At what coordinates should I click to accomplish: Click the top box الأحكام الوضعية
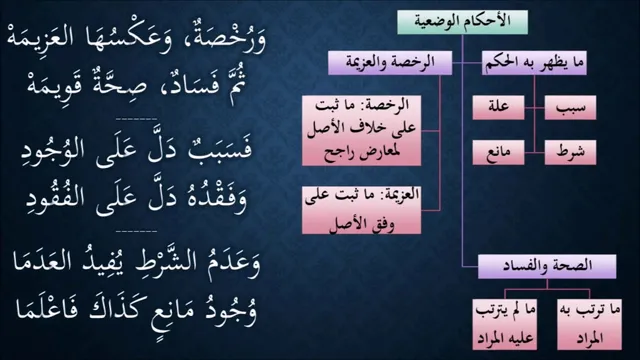coord(462,22)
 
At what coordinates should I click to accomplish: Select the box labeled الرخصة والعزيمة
coord(390,63)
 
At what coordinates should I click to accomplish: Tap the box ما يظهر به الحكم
coord(534,63)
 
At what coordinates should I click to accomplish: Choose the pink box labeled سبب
coord(570,108)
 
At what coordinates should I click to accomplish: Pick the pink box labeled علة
coord(498,108)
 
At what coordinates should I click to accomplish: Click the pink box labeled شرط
coord(570,153)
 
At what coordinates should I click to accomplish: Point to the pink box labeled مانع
coord(498,153)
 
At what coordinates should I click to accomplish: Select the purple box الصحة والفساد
coord(547,267)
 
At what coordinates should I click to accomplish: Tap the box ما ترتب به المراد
coord(589,324)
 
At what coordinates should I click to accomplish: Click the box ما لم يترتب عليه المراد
coord(504,324)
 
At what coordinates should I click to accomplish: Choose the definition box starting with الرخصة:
coord(362,131)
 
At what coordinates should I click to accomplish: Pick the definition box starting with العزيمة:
coord(362,210)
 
